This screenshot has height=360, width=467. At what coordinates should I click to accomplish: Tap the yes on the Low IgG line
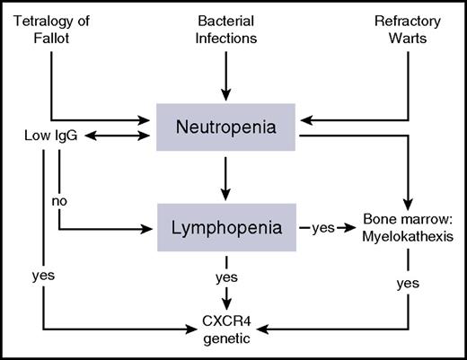click(43, 277)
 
